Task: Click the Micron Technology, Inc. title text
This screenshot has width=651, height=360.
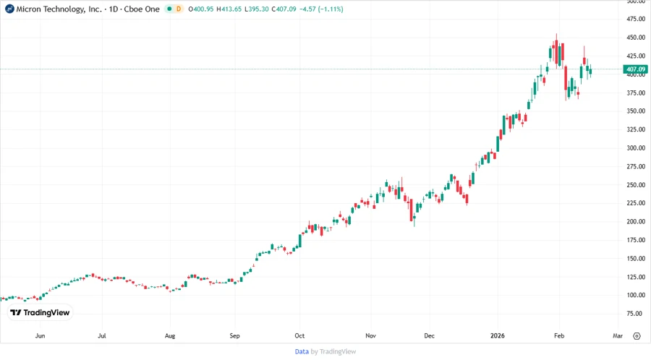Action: tap(58, 9)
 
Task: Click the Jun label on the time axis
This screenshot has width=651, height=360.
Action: tap(41, 336)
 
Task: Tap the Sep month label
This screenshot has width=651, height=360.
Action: tap(234, 336)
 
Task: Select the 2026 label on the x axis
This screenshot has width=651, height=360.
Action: tap(497, 336)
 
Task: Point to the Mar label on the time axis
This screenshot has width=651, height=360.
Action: tap(618, 336)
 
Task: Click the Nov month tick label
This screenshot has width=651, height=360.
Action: tap(370, 336)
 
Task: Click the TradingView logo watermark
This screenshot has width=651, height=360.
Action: tap(40, 313)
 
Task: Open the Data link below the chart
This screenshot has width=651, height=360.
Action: tap(302, 351)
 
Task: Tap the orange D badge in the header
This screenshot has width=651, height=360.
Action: tap(178, 9)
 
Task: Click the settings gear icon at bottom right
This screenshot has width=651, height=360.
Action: tap(637, 336)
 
